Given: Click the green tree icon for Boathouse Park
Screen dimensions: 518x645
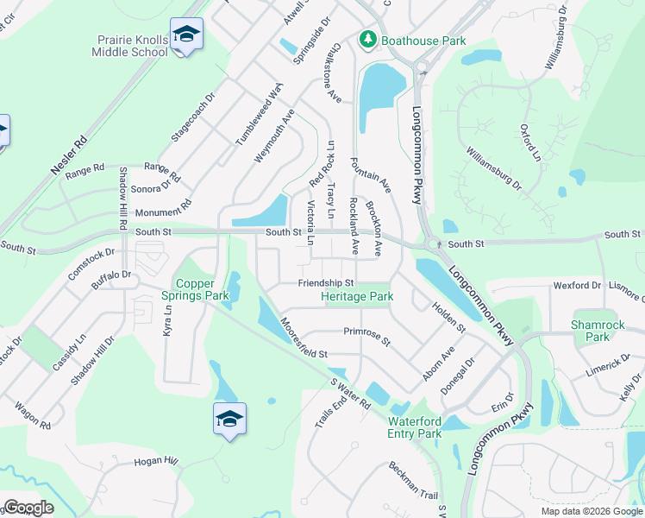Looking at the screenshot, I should coord(367,41).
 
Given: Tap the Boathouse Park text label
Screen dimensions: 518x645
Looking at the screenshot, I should coord(423,41).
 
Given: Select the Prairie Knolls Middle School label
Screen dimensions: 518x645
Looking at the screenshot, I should coord(130,46).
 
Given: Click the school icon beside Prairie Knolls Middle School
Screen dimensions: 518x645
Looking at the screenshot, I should coord(186,35).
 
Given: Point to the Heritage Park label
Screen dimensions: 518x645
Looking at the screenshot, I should coord(357,297).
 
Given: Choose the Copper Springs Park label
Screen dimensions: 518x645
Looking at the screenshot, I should coord(202,289).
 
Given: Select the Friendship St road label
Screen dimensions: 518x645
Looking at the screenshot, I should coord(326,283).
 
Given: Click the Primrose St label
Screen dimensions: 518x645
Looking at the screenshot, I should coord(367,336).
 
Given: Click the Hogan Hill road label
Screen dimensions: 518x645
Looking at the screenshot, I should coord(155,463).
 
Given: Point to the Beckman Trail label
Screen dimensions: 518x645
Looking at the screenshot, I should coord(413,481).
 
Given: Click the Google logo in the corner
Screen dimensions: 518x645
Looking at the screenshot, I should coord(28,508).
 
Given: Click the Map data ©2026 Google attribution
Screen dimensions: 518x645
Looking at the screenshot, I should coord(592,511).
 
